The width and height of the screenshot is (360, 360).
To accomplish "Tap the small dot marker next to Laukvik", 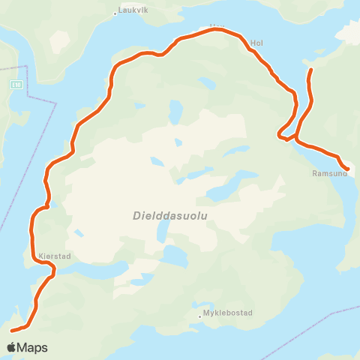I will click(115, 13).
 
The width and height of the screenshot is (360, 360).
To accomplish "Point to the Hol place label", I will click(257, 43).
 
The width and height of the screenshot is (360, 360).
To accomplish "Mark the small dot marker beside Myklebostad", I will click(199, 316).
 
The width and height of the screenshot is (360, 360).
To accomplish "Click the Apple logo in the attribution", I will click(12, 347).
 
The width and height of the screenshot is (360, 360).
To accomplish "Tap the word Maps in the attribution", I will click(33, 347).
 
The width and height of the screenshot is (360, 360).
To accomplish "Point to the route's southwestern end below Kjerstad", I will click(11, 330).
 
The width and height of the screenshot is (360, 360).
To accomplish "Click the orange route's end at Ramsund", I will click(347, 169).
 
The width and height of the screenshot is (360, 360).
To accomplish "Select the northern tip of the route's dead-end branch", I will click(310, 70).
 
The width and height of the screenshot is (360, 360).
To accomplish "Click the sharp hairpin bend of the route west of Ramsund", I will click(280, 135).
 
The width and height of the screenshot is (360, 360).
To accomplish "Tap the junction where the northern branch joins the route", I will click(297, 138).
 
